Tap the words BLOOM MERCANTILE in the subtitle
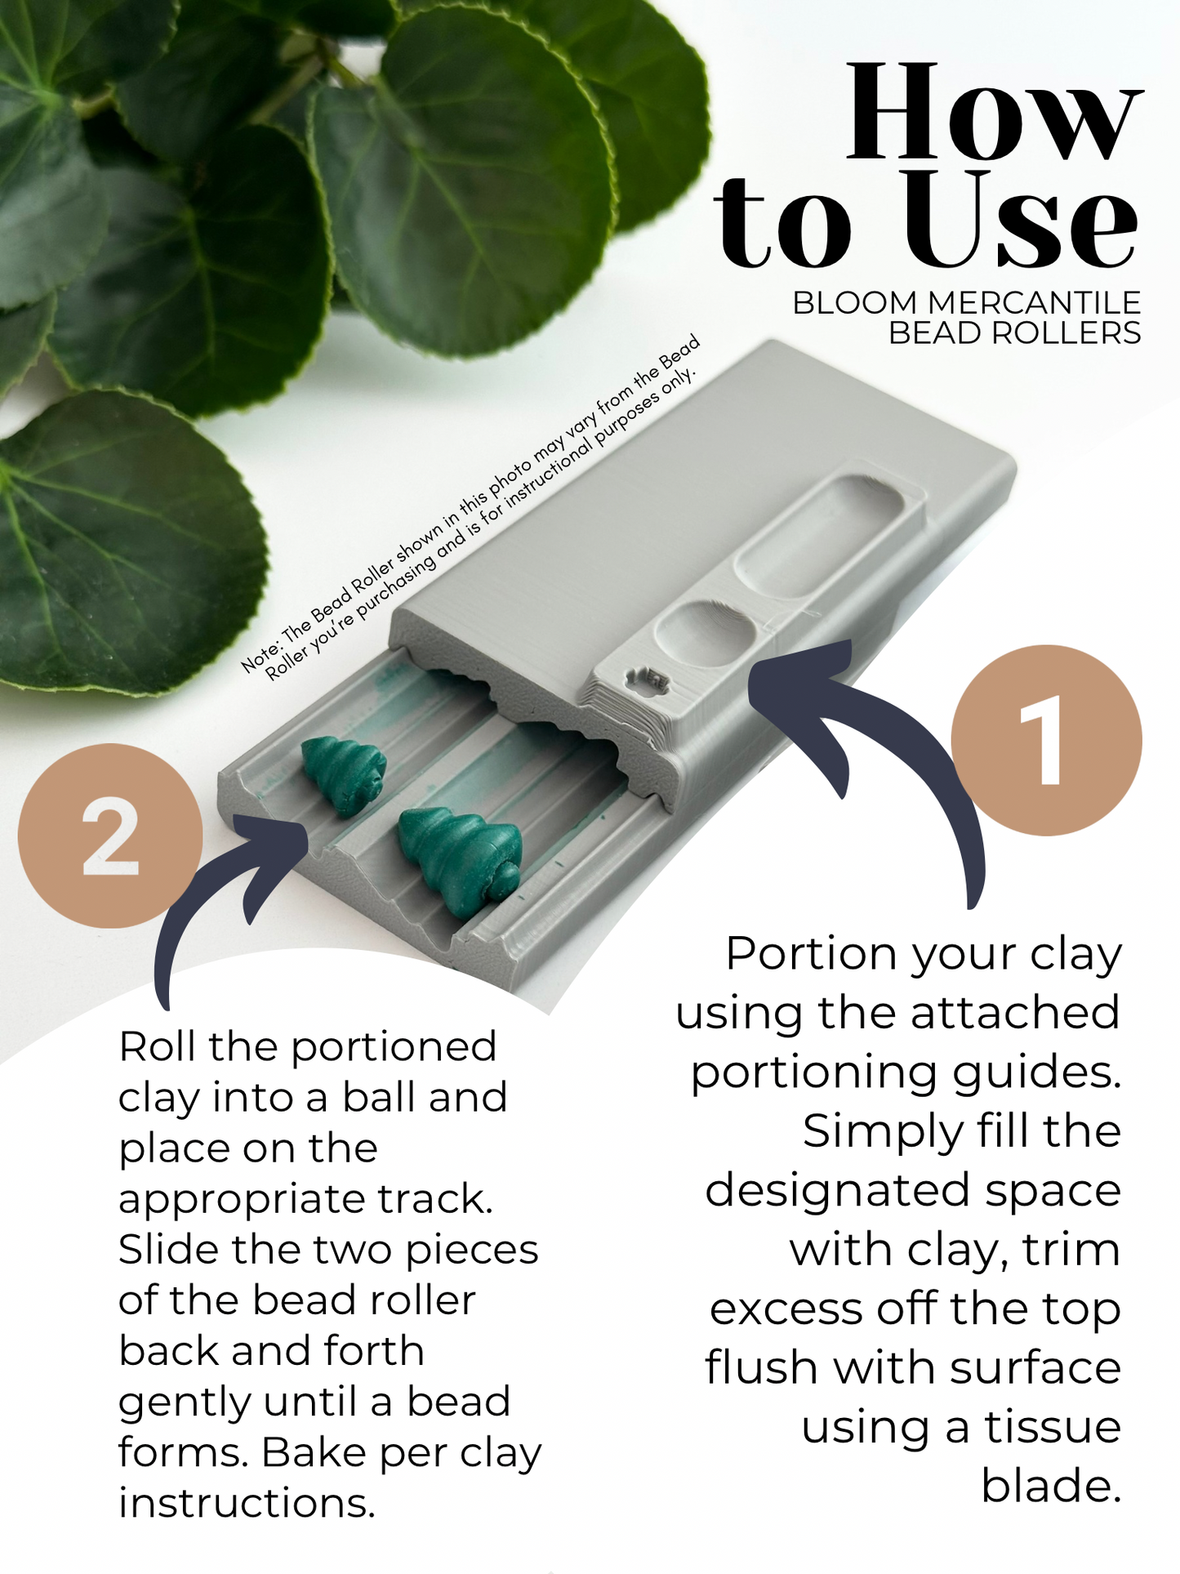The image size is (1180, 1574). (966, 303)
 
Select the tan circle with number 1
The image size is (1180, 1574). (1046, 740)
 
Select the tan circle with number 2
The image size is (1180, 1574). (109, 836)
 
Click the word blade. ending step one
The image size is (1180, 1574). (1051, 1486)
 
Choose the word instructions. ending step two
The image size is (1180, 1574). (247, 1503)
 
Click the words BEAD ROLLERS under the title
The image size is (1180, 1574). (1014, 333)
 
